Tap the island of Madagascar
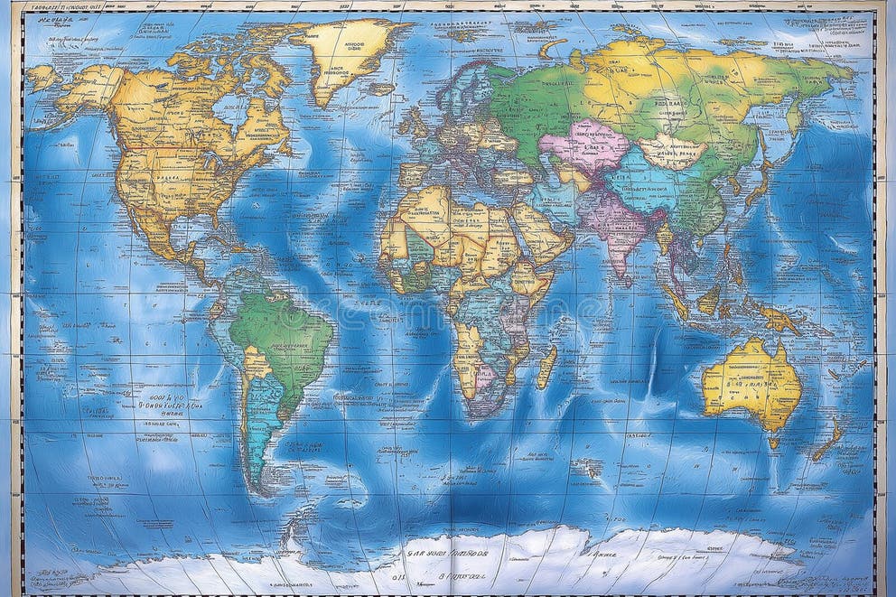(x=546, y=366)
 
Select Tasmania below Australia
(x=773, y=442)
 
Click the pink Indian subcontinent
(x=614, y=226)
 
